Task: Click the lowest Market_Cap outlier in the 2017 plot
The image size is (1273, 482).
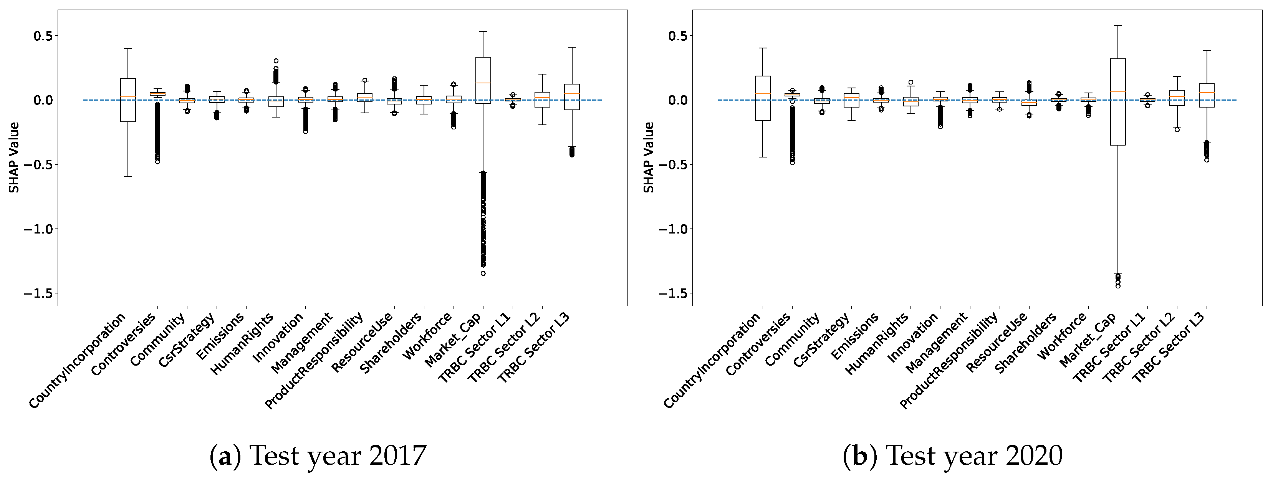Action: [483, 273]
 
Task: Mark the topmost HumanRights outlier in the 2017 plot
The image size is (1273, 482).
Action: [276, 61]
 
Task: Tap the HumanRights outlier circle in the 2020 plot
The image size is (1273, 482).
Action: [911, 83]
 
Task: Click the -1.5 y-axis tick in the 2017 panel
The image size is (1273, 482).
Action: [55, 293]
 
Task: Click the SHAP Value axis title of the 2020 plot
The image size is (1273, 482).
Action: [648, 157]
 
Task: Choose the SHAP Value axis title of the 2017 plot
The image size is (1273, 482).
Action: [14, 157]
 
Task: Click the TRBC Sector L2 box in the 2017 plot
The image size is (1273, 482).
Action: [542, 99]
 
